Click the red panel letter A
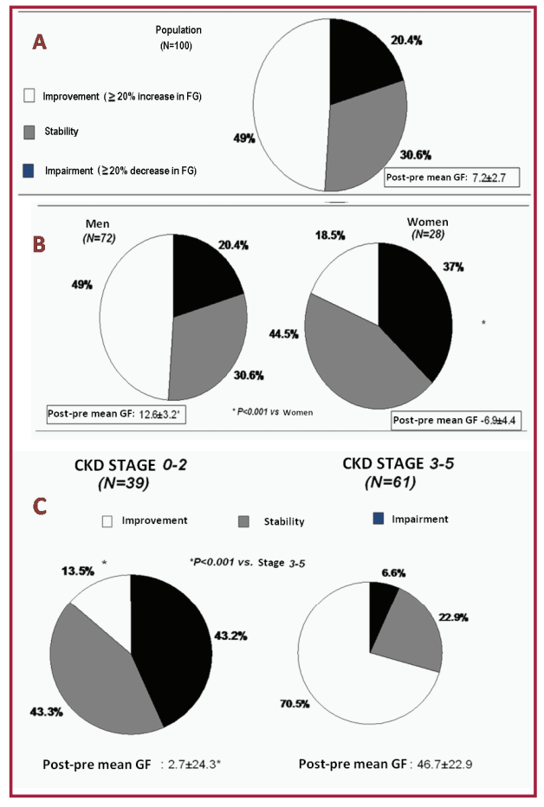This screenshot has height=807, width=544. coord(38,42)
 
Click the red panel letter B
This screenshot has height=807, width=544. coord(38,243)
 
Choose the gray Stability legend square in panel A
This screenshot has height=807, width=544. coord(29,132)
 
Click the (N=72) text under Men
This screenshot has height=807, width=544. coord(100,237)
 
